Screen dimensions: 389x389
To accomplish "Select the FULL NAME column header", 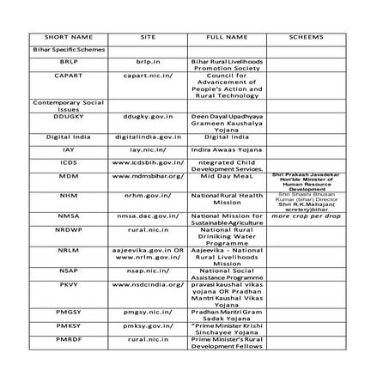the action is [x=228, y=39].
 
